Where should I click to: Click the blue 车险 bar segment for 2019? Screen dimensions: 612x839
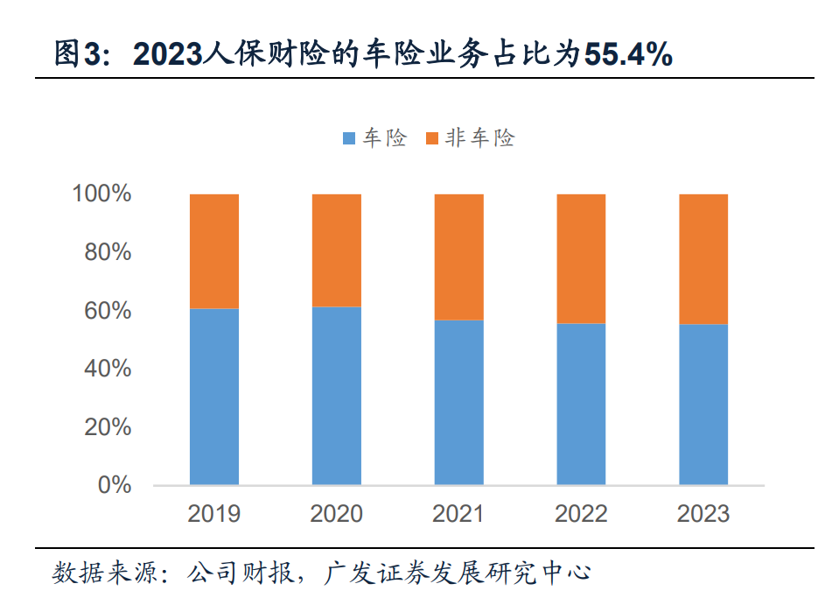click(214, 397)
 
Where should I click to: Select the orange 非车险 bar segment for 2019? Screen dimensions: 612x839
click(214, 251)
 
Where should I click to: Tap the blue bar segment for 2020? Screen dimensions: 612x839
click(337, 396)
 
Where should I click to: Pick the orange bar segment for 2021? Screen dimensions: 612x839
click(459, 257)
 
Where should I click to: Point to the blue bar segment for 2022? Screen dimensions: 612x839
click(581, 404)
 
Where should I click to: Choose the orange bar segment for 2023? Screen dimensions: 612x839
click(703, 259)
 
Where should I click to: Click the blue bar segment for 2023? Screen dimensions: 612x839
click(703, 404)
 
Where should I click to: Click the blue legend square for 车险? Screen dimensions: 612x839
click(348, 138)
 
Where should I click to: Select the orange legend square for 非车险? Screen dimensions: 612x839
click(430, 138)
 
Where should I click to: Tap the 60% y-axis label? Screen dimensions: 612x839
click(108, 311)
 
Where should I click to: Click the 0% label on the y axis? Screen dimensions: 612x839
click(114, 485)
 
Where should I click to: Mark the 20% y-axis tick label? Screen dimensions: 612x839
click(108, 427)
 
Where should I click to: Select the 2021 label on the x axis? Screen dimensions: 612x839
click(458, 513)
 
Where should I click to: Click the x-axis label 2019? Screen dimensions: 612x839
click(213, 513)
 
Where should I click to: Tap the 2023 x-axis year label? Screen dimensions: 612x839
click(703, 513)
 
